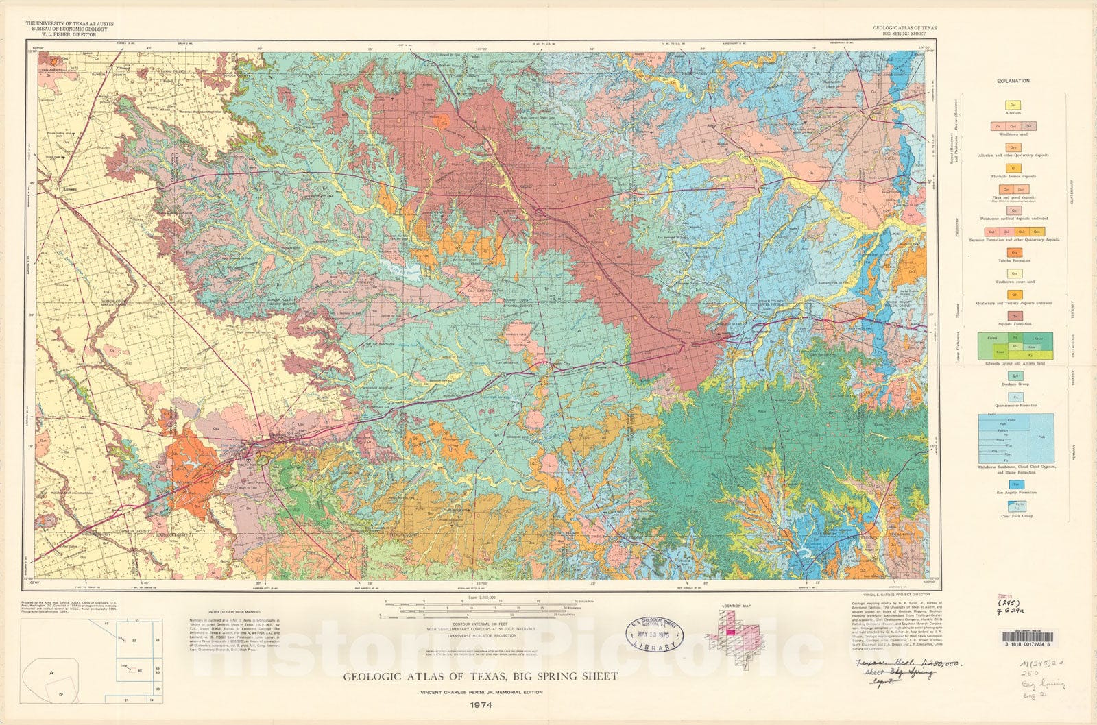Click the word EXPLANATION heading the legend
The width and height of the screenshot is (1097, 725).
(1013, 81)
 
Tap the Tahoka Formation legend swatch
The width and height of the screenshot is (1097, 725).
(1013, 253)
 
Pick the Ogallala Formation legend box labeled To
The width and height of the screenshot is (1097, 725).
(1013, 315)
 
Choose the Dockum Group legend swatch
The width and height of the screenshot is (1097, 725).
(1013, 376)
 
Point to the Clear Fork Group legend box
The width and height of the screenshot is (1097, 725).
(1013, 506)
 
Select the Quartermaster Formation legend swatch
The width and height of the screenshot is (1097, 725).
(1013, 397)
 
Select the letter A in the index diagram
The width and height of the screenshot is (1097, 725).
(51, 673)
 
